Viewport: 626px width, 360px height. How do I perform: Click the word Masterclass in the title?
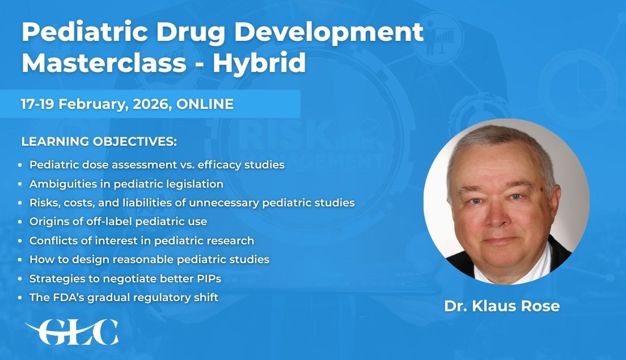(x=104, y=62)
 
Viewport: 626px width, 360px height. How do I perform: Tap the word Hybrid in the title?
(x=260, y=63)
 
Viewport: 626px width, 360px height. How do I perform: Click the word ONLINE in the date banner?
(x=205, y=104)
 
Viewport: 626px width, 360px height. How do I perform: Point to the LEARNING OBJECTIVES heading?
(x=99, y=141)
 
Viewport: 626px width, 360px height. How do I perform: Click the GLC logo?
(x=72, y=332)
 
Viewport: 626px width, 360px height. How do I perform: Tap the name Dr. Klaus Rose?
(x=502, y=306)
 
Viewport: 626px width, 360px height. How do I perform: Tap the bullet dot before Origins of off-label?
(x=20, y=222)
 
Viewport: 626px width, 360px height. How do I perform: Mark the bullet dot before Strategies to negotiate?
(x=20, y=279)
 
